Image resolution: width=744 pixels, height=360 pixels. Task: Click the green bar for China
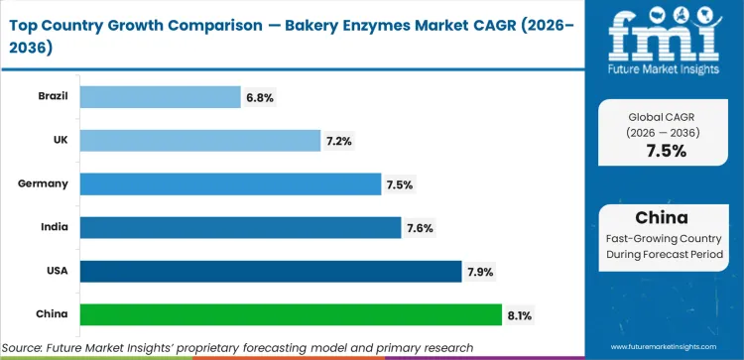[290, 314]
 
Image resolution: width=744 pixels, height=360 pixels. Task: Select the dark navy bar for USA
[270, 271]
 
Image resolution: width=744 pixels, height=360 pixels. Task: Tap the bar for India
[240, 227]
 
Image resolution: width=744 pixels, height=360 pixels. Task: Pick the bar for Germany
[230, 183]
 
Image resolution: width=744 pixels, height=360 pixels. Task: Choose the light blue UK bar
[199, 140]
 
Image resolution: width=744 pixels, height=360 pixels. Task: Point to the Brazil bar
[160, 96]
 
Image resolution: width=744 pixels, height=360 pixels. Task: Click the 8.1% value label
[521, 314]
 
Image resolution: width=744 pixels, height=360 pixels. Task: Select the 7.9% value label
[481, 271]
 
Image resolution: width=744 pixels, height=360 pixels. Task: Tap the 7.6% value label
[420, 228]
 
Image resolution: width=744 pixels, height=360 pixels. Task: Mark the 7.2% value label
[339, 141]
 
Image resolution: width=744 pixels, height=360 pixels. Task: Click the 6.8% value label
[259, 97]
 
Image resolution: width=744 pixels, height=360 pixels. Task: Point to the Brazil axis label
[52, 96]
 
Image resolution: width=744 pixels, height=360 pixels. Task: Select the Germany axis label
[44, 183]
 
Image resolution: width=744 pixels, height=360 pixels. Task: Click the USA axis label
[56, 271]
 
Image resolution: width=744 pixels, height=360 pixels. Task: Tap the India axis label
[55, 227]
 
